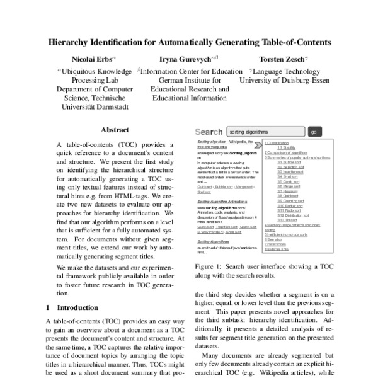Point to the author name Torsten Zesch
pyautogui.click(x=283, y=59)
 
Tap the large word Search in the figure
pyautogui.click(x=209, y=132)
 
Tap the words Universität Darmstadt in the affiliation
pyautogui.click(x=94, y=107)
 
